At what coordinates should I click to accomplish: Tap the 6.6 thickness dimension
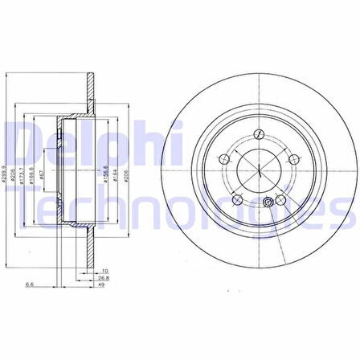(30, 284)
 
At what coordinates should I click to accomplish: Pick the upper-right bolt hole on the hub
(291, 158)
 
